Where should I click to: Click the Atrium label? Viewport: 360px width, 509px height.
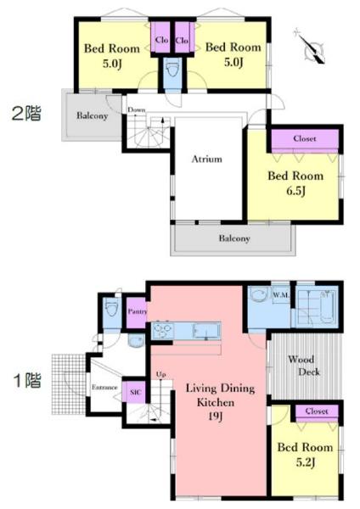pyautogui.click(x=206, y=159)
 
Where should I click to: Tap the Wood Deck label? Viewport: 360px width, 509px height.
pyautogui.click(x=304, y=366)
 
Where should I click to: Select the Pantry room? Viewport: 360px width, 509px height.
pyautogui.click(x=137, y=312)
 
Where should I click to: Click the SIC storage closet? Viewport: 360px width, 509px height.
pyautogui.click(x=135, y=392)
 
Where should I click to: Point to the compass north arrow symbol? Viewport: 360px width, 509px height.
pyautogui.click(x=310, y=47)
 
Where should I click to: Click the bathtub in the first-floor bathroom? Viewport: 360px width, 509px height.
pyautogui.click(x=327, y=307)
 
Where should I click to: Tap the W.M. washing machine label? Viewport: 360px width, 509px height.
pyautogui.click(x=280, y=295)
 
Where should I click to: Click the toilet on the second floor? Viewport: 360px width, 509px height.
pyautogui.click(x=172, y=69)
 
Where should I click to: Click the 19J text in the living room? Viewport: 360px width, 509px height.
pyautogui.click(x=215, y=417)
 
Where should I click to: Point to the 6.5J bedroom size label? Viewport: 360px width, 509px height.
pyautogui.click(x=295, y=191)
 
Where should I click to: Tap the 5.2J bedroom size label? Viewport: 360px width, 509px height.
pyautogui.click(x=305, y=462)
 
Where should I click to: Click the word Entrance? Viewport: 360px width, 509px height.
pyautogui.click(x=104, y=388)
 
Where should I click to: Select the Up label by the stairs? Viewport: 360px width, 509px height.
pyautogui.click(x=161, y=375)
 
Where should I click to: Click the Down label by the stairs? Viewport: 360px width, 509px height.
pyautogui.click(x=137, y=109)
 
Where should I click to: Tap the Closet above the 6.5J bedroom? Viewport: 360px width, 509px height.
pyautogui.click(x=305, y=138)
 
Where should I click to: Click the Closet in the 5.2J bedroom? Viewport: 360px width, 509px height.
pyautogui.click(x=317, y=411)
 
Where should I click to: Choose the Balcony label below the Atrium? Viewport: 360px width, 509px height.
pyautogui.click(x=234, y=238)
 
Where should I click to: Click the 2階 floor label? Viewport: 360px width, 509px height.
pyautogui.click(x=26, y=114)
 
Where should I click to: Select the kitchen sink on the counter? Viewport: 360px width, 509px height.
pyautogui.click(x=206, y=331)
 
